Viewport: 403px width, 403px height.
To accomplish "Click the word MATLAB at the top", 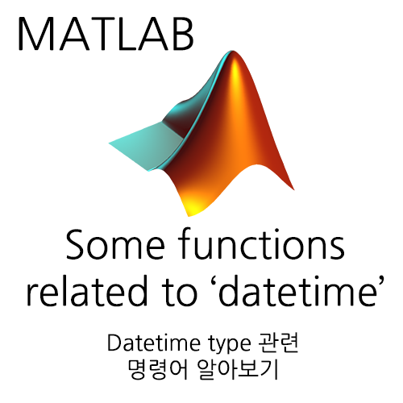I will coord(106,33).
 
